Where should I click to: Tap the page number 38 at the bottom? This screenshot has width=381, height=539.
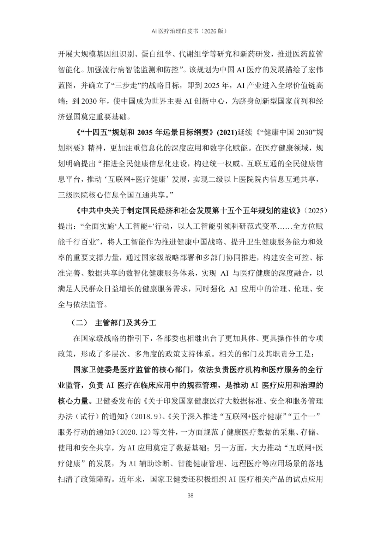(190, 496)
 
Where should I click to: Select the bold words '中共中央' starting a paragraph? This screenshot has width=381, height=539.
(97, 210)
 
